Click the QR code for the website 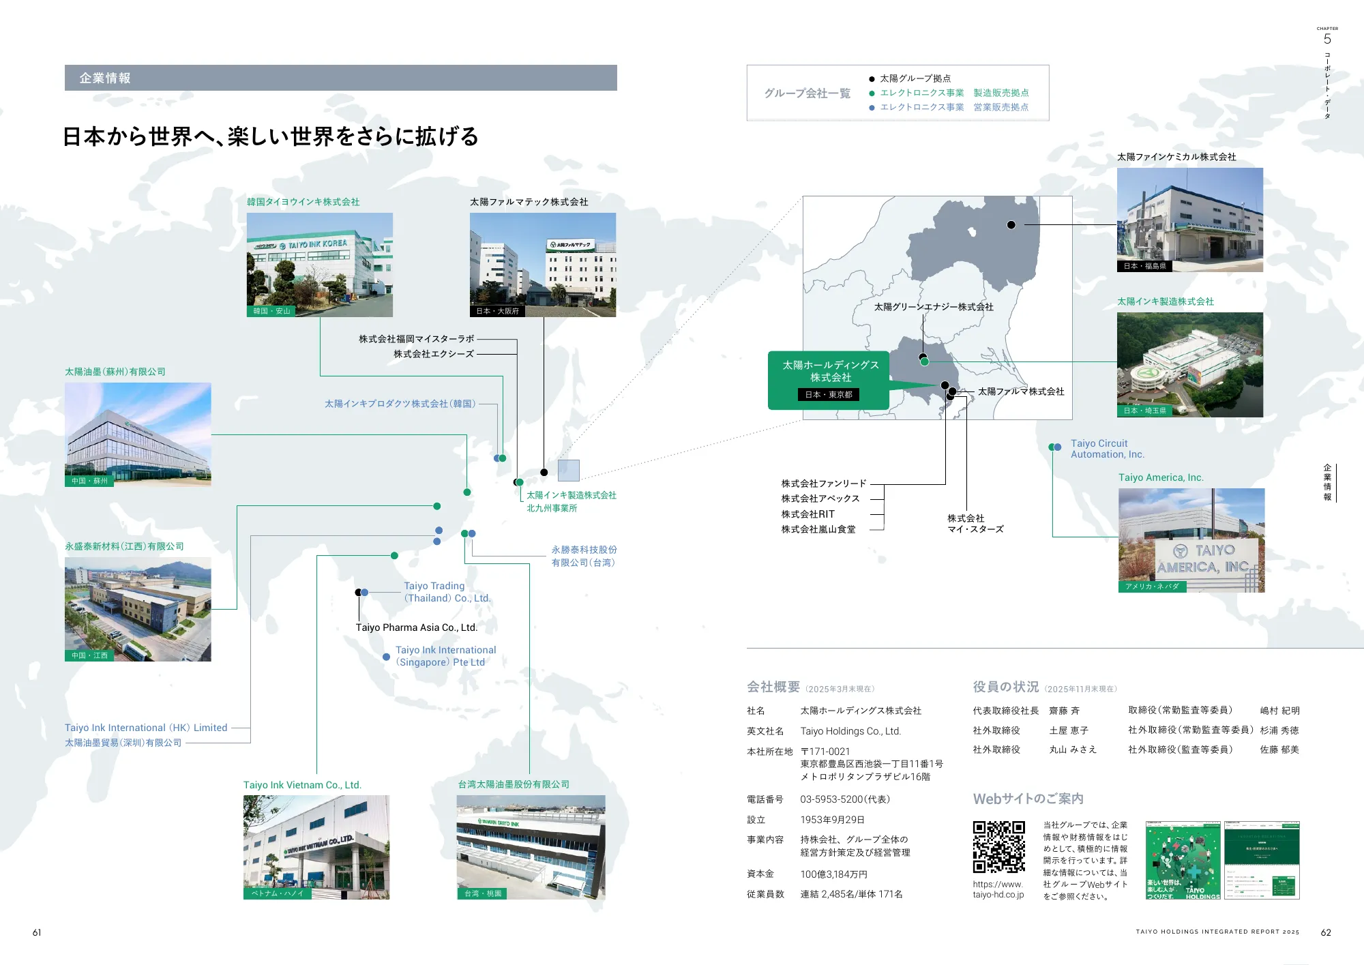tap(998, 847)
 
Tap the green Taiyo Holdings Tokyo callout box tap(829, 379)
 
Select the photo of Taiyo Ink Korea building tap(319, 265)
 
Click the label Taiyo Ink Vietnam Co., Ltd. tap(302, 785)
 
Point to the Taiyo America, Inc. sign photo tap(1191, 540)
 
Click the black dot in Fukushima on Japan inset tap(1011, 225)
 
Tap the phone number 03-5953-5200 tap(844, 799)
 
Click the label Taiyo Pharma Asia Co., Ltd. tap(416, 627)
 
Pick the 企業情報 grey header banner tap(340, 78)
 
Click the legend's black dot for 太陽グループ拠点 tap(872, 79)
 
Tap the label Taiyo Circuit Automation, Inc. tap(1107, 449)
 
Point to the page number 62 tap(1325, 932)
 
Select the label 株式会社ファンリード tap(823, 484)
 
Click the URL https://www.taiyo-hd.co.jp tap(998, 889)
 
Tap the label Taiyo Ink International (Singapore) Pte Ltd tap(445, 656)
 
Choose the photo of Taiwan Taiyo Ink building tap(531, 847)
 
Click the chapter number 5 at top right tap(1327, 39)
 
